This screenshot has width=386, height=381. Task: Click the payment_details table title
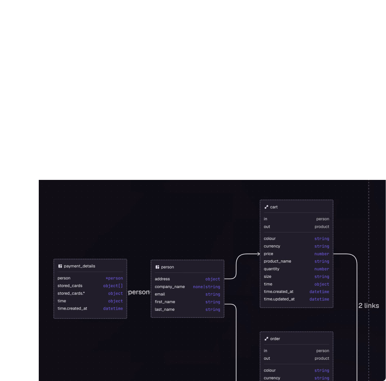[80, 266]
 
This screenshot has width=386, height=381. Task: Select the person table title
[167, 267]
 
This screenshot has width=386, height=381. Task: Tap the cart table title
[274, 207]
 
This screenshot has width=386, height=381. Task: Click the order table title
[275, 339]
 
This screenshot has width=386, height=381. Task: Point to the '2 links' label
[368, 306]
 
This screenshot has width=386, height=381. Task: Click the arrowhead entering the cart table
[259, 254]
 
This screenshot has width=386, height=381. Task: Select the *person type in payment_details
[114, 278]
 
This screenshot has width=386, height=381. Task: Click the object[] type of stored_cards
[113, 286]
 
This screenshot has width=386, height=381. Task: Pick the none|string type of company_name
[206, 287]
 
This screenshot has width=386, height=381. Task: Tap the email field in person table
[160, 294]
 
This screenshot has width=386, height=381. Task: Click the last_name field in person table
[165, 309]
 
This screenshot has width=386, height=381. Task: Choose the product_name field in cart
[277, 261]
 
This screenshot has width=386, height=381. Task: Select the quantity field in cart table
[271, 269]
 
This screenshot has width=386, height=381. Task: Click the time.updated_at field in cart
[279, 299]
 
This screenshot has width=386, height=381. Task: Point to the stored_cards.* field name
[71, 293]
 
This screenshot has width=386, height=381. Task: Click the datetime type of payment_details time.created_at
[113, 308]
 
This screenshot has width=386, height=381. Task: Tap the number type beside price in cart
[322, 254]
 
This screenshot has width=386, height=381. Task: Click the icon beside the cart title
[266, 207]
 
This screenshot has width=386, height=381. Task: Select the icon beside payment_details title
[60, 266]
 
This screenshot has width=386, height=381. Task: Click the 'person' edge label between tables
[139, 292]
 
